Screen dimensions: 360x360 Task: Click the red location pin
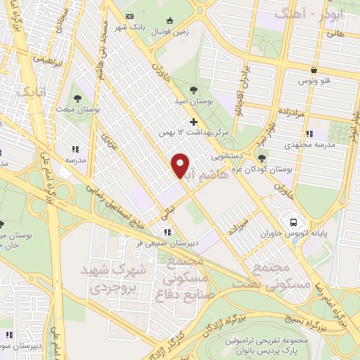(x=181, y=165)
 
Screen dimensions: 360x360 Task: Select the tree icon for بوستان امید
(x=193, y=89)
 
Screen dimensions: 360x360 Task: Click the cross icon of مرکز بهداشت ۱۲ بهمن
(x=194, y=122)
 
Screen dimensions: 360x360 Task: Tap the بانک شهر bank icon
(x=129, y=16)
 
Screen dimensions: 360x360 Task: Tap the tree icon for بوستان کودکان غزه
(x=262, y=158)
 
